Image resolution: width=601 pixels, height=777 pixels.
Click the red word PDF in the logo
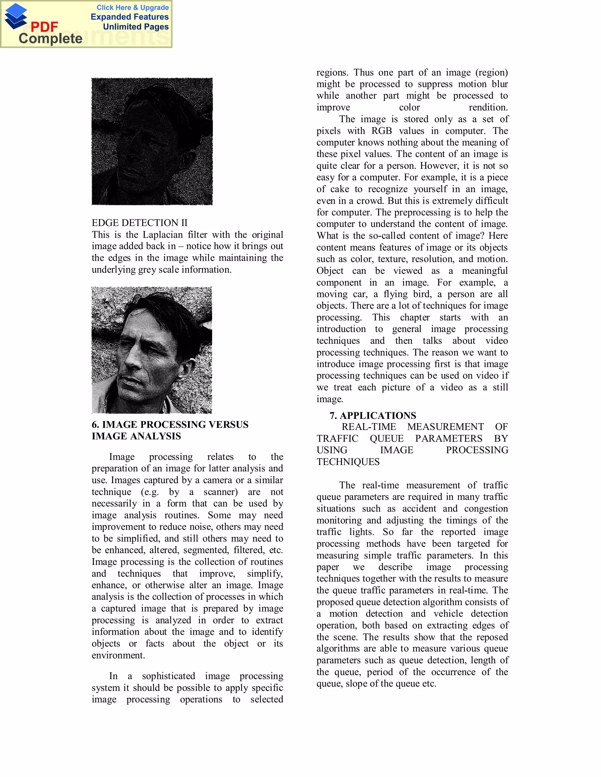click(44, 27)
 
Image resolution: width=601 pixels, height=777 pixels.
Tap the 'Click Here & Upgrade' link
click(132, 7)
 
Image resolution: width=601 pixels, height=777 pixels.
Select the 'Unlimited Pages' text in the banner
click(136, 27)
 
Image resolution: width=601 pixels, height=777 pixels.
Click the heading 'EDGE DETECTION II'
click(139, 223)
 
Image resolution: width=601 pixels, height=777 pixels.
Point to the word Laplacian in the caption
click(162, 235)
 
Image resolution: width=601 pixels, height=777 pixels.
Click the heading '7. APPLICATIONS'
click(372, 415)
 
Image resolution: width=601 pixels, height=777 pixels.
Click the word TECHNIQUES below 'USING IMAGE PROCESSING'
click(348, 462)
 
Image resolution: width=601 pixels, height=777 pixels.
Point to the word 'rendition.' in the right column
click(488, 107)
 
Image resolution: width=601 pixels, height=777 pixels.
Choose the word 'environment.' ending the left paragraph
click(118, 655)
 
